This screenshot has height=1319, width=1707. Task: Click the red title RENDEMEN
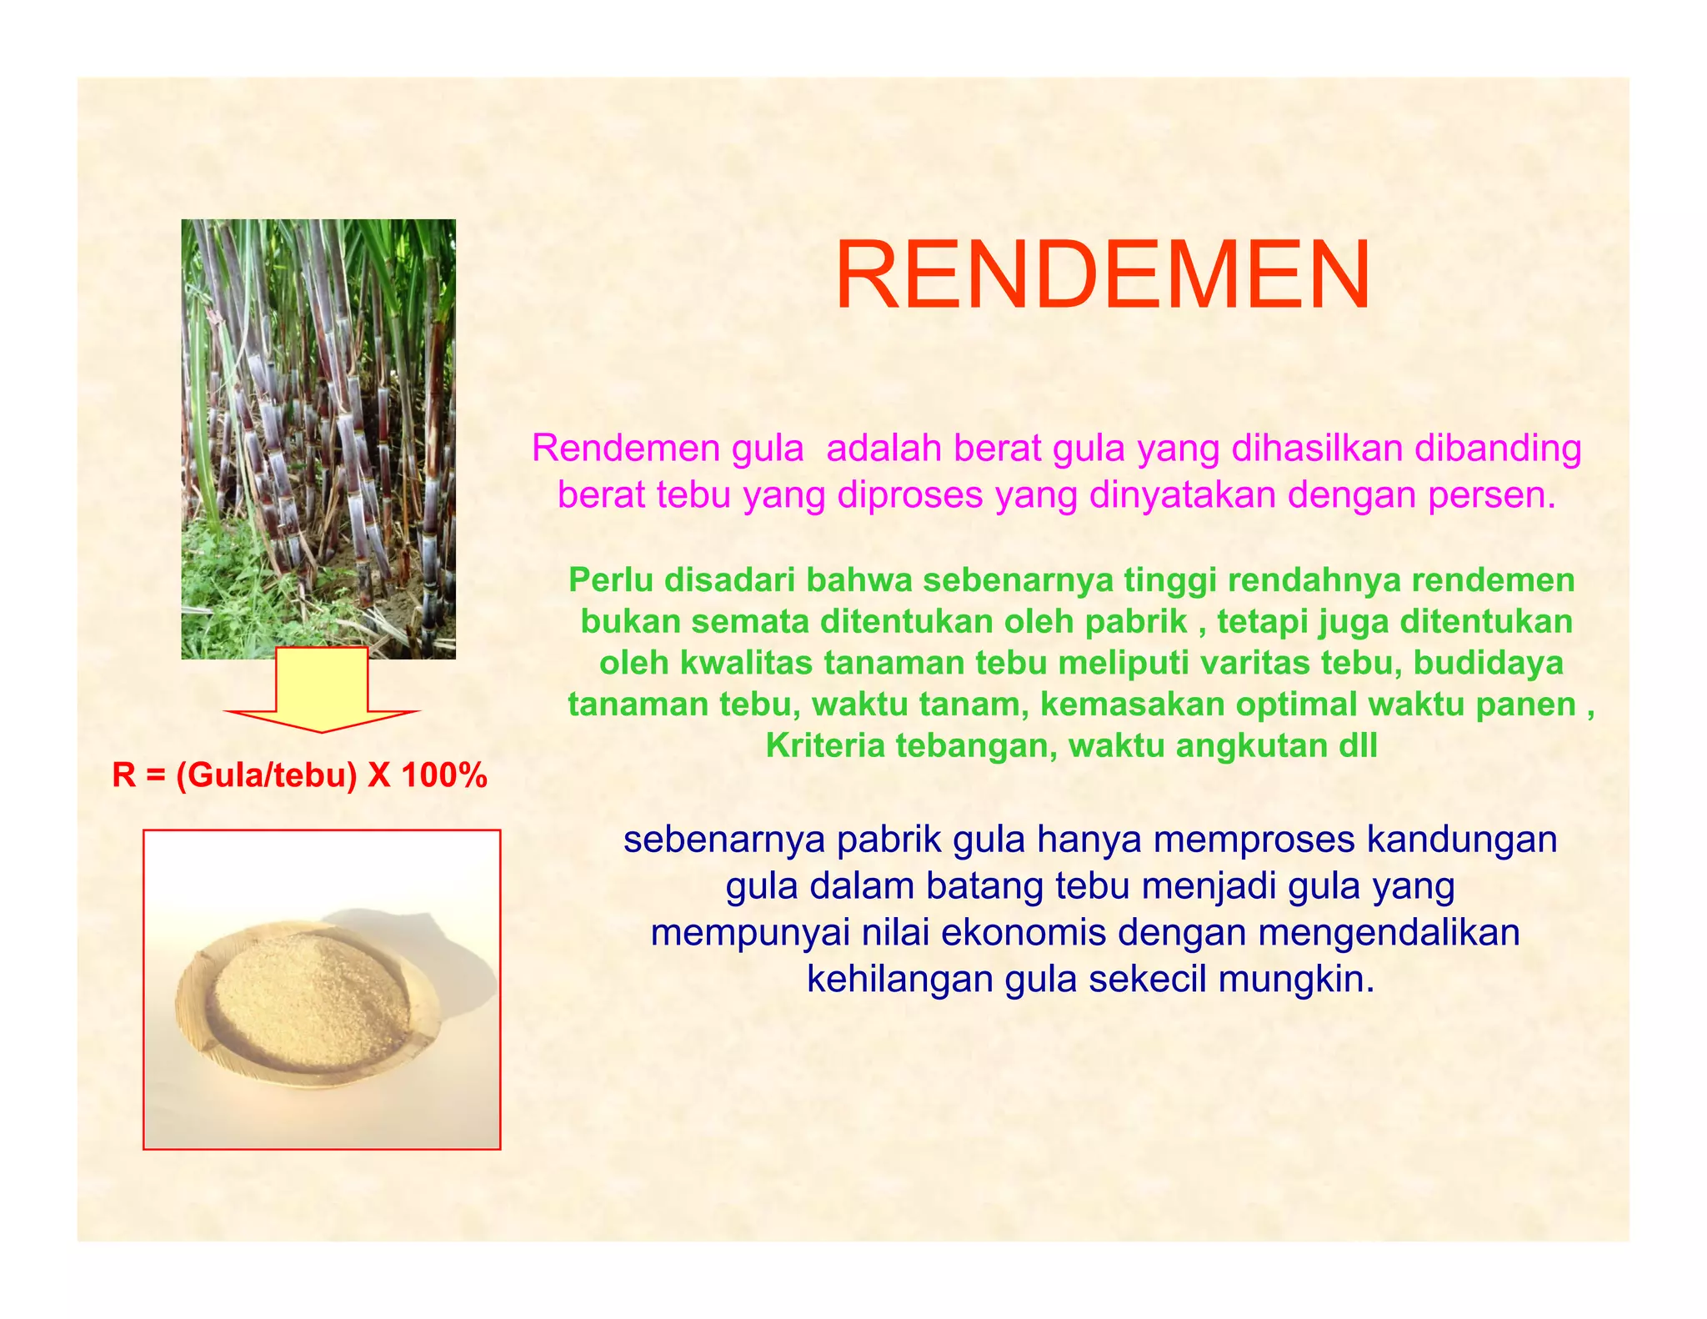1102,276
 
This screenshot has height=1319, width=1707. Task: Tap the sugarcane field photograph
318,439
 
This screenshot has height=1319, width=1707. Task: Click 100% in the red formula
443,776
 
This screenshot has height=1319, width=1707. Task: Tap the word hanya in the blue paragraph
1089,840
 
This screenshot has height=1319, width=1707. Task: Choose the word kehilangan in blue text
899,980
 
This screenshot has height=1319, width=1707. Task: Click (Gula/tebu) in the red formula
266,776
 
